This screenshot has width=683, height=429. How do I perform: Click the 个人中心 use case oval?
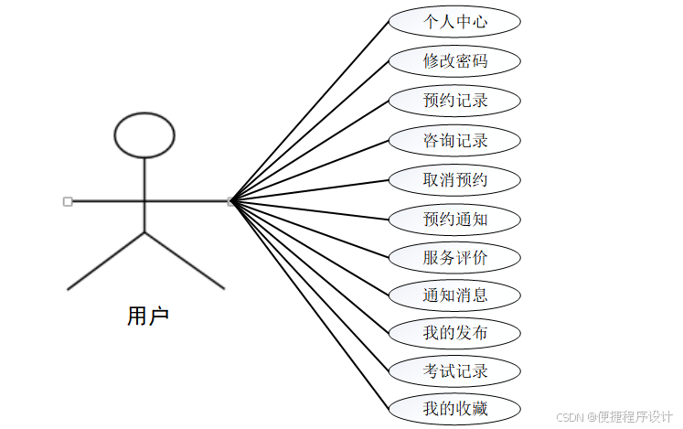click(454, 22)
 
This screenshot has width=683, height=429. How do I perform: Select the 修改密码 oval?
click(454, 61)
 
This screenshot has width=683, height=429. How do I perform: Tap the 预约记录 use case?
click(454, 101)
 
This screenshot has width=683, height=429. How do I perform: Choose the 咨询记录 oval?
click(454, 141)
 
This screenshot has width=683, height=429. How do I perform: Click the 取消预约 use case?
click(454, 180)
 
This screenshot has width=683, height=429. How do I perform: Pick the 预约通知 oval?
click(454, 220)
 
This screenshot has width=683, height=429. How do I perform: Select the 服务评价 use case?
click(454, 258)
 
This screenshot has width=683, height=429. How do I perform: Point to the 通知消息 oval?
click(454, 295)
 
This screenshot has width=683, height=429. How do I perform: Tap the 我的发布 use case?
click(454, 333)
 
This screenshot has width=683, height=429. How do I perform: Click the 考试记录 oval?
click(454, 371)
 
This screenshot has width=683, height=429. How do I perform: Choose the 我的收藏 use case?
click(454, 409)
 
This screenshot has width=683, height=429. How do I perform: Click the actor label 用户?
click(147, 317)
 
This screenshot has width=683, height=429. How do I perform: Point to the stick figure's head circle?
click(144, 134)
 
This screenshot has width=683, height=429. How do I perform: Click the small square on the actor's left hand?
click(68, 201)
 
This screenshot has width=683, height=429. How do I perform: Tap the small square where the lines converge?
click(231, 201)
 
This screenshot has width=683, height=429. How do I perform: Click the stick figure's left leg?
click(106, 261)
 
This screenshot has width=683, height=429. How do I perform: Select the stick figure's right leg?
click(185, 261)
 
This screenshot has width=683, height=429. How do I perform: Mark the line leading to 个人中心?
click(311, 110)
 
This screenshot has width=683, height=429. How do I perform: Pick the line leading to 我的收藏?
click(311, 306)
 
